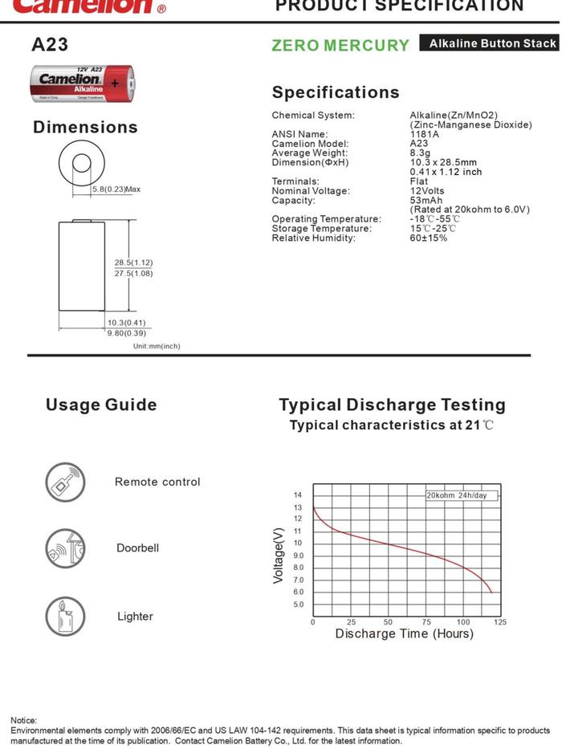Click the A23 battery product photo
click(83, 83)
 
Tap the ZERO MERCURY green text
click(340, 46)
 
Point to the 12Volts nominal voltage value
click(427, 191)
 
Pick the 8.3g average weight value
click(421, 153)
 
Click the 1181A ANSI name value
click(424, 134)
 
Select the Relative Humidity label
click(313, 238)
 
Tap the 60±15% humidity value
click(429, 238)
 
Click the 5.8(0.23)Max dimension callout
click(116, 189)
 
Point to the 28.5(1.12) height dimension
click(133, 263)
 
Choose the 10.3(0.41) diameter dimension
click(127, 323)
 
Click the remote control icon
click(64, 482)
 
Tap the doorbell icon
click(64, 548)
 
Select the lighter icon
click(64, 617)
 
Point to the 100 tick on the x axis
click(463, 622)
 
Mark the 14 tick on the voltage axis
click(298, 495)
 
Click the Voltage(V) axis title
click(279, 556)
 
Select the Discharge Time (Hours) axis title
click(404, 634)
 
